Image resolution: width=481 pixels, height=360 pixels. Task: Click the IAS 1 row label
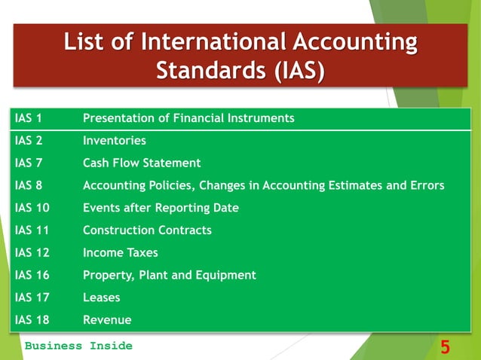[29, 118]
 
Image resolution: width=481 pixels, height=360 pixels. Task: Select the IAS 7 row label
[29, 163]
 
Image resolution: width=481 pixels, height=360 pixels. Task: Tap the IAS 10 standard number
[32, 208]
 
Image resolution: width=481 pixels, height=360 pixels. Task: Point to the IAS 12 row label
[32, 253]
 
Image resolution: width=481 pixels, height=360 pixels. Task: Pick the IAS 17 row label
[32, 297]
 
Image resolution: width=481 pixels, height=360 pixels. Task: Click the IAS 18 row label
[32, 320]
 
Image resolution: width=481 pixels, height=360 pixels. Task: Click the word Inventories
[115, 141]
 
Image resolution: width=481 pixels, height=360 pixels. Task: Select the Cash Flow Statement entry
[142, 163]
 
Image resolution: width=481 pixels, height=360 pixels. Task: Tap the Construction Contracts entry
[147, 230]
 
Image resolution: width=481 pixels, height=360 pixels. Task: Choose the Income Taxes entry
[121, 253]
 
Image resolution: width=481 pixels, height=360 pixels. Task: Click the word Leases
[102, 297]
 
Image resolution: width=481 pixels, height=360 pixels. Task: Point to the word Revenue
[107, 320]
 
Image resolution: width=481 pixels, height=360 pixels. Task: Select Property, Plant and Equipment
[170, 276]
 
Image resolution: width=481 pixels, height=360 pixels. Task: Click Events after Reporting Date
[161, 208]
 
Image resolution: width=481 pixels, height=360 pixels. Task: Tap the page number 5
[446, 347]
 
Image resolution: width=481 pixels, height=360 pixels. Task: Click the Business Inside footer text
[78, 346]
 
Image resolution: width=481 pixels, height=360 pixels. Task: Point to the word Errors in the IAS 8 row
[427, 185]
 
